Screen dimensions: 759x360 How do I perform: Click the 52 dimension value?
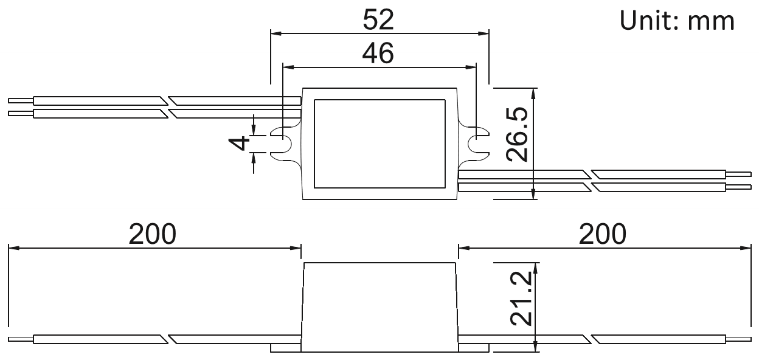378,19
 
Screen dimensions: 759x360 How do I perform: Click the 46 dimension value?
378,53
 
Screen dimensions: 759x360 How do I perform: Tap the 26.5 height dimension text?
517,134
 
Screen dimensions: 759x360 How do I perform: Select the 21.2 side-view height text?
521,299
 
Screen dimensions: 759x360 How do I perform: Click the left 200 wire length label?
153,234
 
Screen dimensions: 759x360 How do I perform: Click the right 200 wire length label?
603,234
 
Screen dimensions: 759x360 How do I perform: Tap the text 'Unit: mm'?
677,21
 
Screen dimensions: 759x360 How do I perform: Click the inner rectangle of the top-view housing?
379,100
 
